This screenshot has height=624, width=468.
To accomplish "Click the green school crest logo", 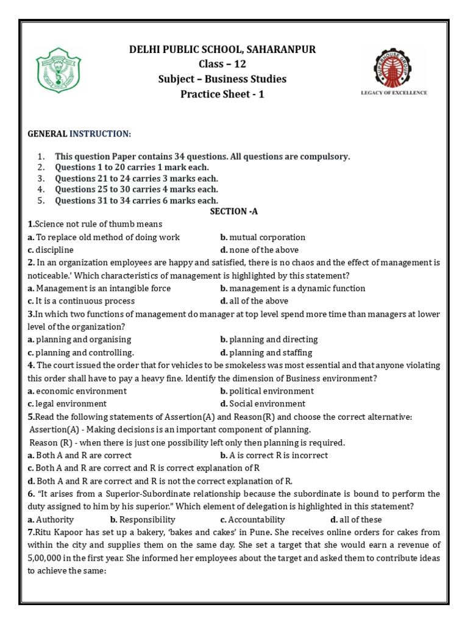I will click(x=58, y=72).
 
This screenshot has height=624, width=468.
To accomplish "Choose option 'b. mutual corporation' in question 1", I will click(x=263, y=237).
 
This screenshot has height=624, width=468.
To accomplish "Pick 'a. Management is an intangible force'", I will click(x=99, y=288).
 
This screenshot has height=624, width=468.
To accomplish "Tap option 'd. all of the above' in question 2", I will click(x=254, y=301).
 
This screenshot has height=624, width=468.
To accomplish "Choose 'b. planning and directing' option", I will click(x=269, y=339).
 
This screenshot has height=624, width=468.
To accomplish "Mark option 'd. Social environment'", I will click(x=263, y=403).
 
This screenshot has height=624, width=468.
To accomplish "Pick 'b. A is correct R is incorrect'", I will click(x=274, y=455).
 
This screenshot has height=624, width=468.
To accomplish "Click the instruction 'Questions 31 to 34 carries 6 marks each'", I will click(x=136, y=200).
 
